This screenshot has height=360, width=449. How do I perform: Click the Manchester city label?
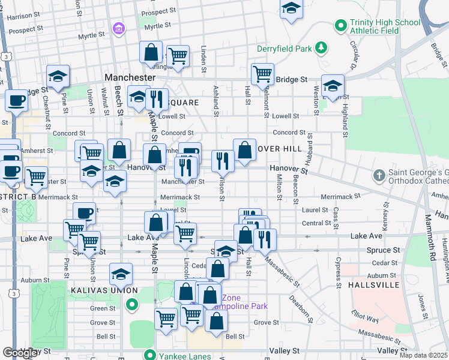point(130,78)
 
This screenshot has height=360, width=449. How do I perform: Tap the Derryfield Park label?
point(286,48)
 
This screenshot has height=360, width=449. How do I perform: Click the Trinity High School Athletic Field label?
point(385,27)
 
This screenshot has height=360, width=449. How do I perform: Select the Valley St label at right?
point(393,350)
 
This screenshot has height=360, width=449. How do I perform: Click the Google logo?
point(20,353)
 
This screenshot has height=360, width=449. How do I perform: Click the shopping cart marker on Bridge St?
point(262,74)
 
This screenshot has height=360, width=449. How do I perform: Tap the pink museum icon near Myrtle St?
point(118,28)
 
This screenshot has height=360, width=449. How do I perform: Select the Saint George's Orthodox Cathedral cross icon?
point(379,176)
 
